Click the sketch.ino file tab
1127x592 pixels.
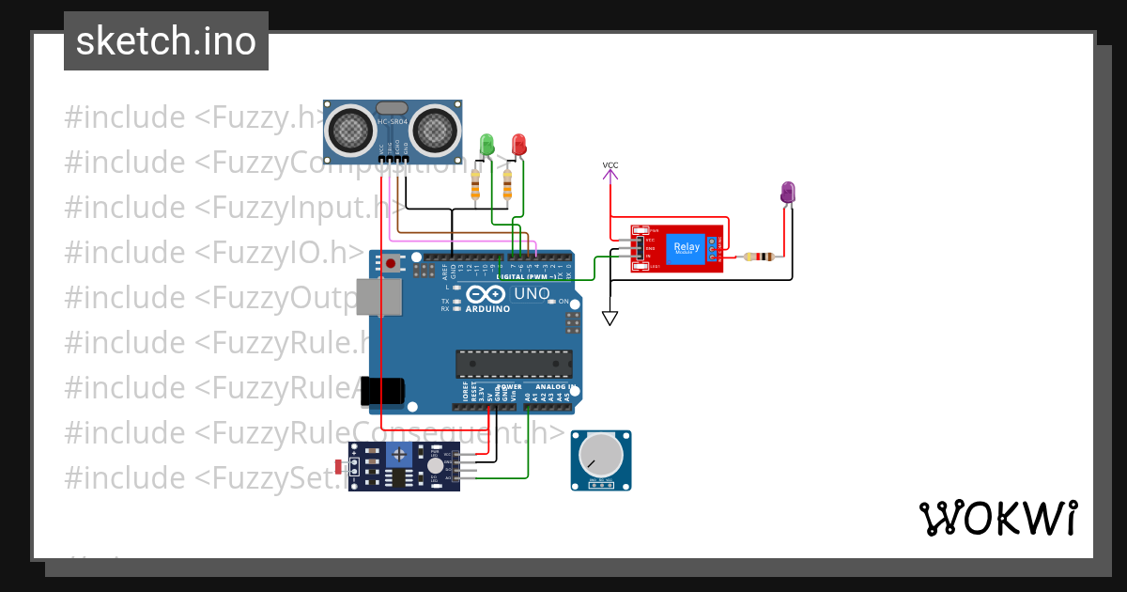[x=165, y=41]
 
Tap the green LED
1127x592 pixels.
[x=486, y=144]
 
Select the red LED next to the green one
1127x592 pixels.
[x=518, y=144]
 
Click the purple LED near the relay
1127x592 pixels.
[x=788, y=193]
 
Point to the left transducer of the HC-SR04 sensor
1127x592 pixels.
[x=350, y=129]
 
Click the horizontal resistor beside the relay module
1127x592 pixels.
[x=758, y=257]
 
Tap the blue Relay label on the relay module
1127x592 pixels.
[x=687, y=248]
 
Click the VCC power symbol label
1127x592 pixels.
[x=610, y=166]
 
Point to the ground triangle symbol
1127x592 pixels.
[x=610, y=319]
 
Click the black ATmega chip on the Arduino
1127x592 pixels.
[x=514, y=363]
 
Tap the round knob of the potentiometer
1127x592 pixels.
[x=600, y=457]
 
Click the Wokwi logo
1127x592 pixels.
[x=997, y=518]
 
